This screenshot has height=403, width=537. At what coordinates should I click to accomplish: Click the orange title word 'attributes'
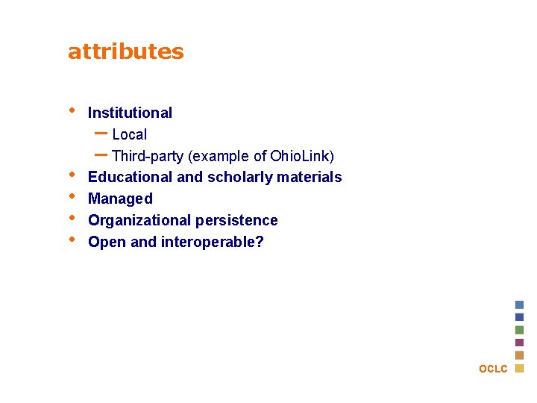(125, 51)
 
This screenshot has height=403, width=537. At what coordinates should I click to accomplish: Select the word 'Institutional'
(130, 113)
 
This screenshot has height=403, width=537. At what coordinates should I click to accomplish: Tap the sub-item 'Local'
(129, 135)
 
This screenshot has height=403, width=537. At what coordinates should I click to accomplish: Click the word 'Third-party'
(148, 157)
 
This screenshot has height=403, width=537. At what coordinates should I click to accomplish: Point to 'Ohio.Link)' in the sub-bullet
(302, 157)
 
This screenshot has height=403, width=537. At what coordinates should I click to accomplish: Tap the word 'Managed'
(120, 199)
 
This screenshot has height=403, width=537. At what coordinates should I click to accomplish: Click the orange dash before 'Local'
(101, 134)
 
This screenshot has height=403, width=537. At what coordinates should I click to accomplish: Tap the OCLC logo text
(493, 369)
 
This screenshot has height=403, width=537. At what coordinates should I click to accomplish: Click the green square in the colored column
(520, 330)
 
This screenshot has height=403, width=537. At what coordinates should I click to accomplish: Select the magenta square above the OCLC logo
(520, 343)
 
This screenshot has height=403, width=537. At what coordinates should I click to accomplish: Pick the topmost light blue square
(520, 304)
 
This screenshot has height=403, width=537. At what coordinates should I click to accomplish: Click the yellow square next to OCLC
(520, 368)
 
